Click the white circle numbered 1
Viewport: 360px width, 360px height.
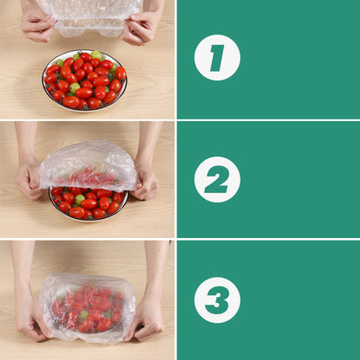click(x=216, y=58)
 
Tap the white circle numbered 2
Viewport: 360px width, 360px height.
click(x=216, y=179)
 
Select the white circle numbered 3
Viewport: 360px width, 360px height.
click(x=216, y=299)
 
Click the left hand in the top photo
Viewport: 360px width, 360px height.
click(x=36, y=25)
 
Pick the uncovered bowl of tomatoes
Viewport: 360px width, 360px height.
click(x=85, y=80)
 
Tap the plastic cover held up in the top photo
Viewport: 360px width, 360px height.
click(x=88, y=13)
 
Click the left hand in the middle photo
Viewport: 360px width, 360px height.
click(x=29, y=177)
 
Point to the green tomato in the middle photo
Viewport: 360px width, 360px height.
click(x=80, y=199)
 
